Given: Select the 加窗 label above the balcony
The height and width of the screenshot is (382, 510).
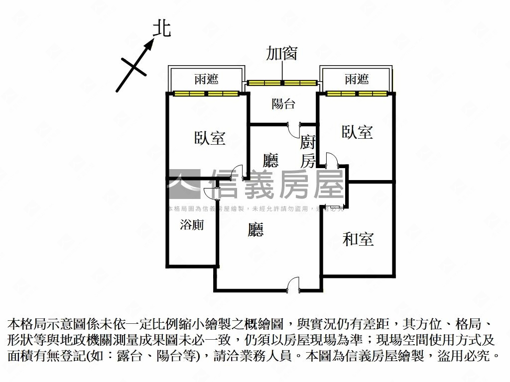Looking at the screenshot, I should coord(282,53).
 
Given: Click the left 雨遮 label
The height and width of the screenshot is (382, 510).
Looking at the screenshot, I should coord(206,80).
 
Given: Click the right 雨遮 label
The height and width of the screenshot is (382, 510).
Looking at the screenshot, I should coord(357,79).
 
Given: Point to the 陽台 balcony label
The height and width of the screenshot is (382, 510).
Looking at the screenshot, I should coord(283,104).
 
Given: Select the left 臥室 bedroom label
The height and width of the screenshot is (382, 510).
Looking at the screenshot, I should coord(210,138).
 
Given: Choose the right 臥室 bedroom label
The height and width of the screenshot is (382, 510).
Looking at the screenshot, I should coord(357,132).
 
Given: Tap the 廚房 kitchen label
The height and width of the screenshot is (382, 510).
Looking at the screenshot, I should coord(308,152).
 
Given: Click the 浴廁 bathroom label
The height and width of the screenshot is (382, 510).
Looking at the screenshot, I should coord(192,225).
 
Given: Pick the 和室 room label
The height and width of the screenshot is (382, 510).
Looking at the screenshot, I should coord(358,239).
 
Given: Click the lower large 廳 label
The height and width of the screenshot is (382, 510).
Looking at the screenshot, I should coord(256,229).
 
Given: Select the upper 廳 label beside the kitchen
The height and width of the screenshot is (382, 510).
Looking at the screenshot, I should coord(270,160).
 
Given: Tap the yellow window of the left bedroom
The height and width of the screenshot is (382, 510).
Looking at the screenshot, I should coord(206,93).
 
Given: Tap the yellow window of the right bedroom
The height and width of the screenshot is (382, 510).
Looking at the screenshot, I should coord(357,93).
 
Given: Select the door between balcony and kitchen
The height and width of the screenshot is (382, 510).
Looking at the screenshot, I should coord(294,129).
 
